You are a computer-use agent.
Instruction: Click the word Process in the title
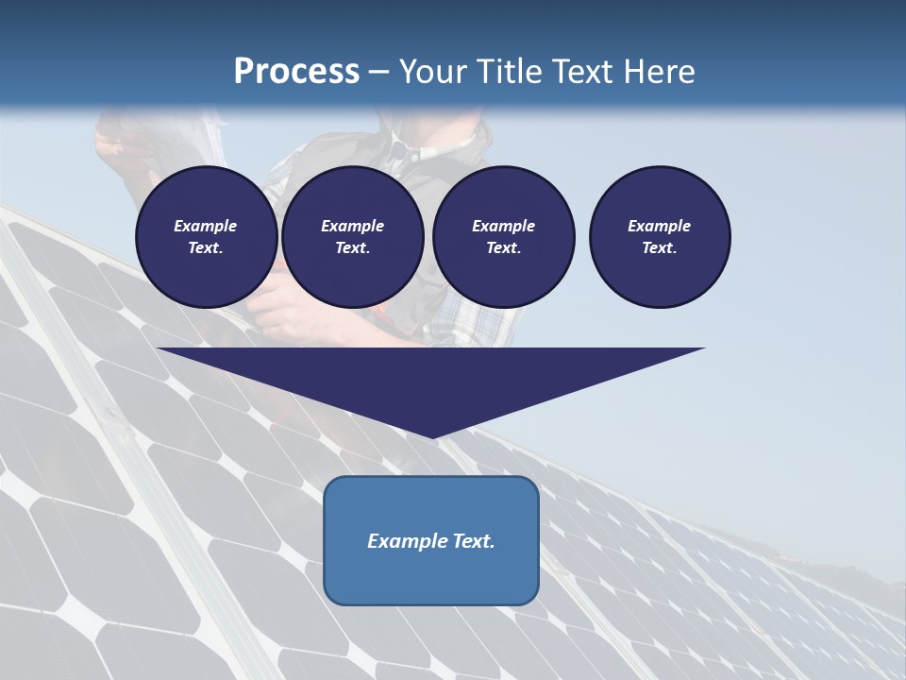(296, 72)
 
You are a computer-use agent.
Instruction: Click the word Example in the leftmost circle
(206, 226)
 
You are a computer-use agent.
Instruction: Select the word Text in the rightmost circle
(658, 248)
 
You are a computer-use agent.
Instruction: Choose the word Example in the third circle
(503, 226)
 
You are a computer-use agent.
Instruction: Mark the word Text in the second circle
(351, 248)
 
